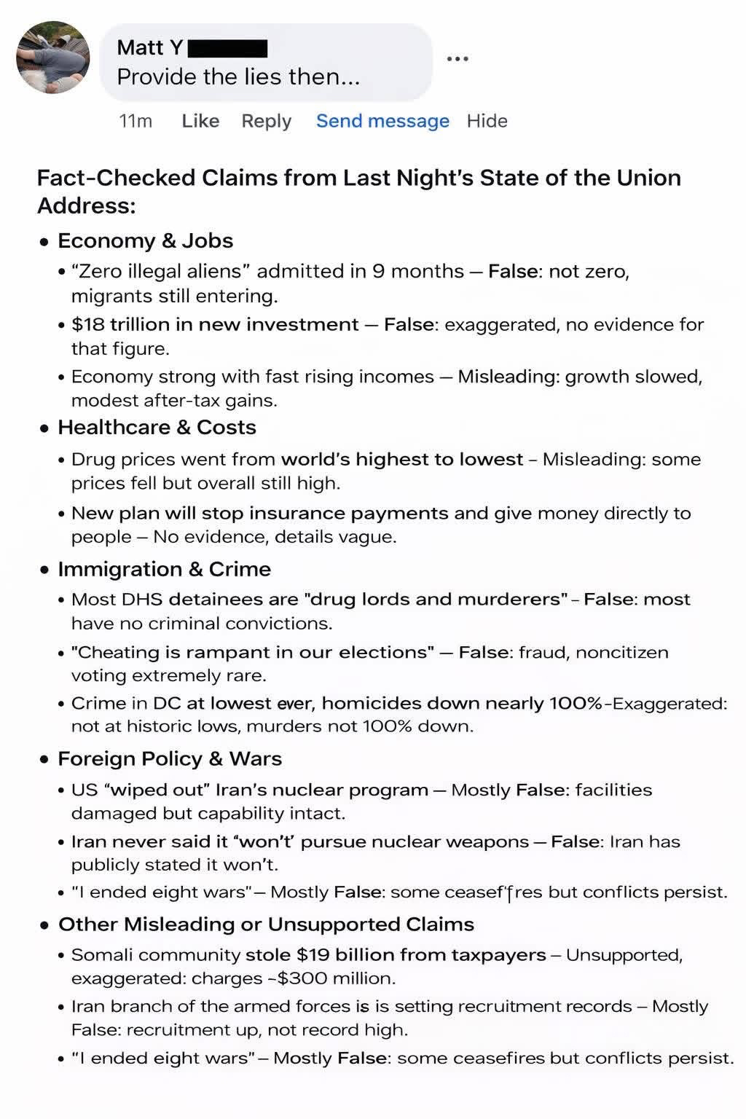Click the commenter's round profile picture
point(53,58)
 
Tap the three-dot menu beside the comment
point(458,58)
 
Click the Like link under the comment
point(200,121)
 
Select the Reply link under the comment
point(266,121)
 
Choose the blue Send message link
point(382,121)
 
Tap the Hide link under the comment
point(487,121)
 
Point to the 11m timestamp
point(136,121)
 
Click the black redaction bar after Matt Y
point(228,49)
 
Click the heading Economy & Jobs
point(145,241)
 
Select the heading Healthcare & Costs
point(157,427)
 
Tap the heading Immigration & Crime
point(164,569)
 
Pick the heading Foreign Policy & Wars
point(170,759)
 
